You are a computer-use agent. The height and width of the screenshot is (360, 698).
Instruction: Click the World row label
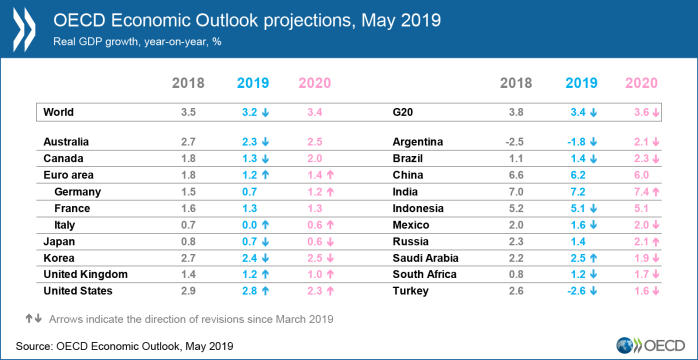[58, 113]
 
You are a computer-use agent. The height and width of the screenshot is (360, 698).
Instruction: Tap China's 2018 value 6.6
[515, 175]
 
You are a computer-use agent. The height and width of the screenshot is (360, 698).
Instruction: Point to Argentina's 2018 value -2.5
[514, 142]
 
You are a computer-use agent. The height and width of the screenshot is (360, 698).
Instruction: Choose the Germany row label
[77, 192]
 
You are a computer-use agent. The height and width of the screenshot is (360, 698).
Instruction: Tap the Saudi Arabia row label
[426, 258]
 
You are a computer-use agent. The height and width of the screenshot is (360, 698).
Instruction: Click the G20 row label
[402, 113]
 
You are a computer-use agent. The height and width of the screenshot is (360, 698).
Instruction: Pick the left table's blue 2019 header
[253, 83]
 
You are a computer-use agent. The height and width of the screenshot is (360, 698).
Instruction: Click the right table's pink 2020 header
[641, 83]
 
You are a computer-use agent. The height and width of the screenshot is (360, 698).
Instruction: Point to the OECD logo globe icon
[624, 346]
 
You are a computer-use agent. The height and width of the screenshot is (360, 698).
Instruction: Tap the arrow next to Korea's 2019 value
[265, 259]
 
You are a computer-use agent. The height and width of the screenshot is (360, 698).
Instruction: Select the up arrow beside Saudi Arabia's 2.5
[593, 259]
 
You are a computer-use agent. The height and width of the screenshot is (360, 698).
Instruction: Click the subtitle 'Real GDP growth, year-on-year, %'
[138, 42]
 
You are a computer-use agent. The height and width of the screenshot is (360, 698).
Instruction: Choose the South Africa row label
[425, 275]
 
